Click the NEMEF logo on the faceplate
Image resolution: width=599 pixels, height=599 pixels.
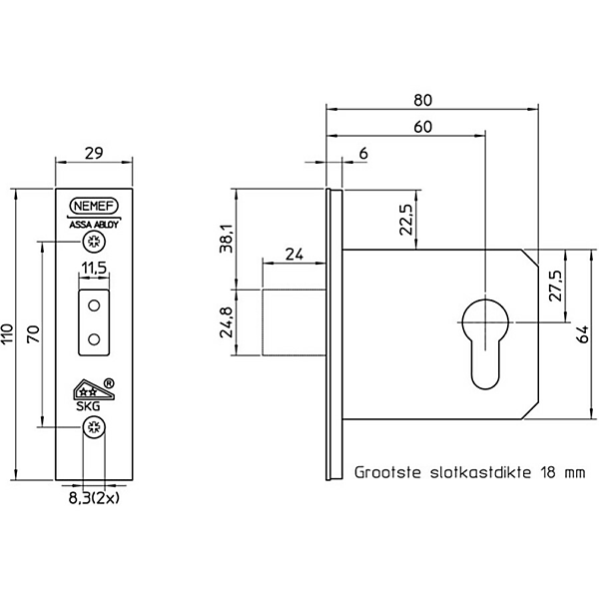tap(94, 206)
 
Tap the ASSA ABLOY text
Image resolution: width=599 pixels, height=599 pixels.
tap(94, 225)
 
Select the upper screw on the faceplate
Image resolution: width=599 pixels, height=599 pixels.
tap(94, 242)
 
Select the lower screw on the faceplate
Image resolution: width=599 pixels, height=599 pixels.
tap(94, 427)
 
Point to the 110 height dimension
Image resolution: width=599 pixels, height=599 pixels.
tap(8, 333)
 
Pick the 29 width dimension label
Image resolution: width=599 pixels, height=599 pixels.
tap(94, 153)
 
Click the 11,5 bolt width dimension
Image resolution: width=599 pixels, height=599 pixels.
tap(94, 268)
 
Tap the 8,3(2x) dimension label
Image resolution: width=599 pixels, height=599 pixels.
tap(94, 498)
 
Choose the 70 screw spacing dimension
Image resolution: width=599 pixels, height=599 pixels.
tap(33, 333)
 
